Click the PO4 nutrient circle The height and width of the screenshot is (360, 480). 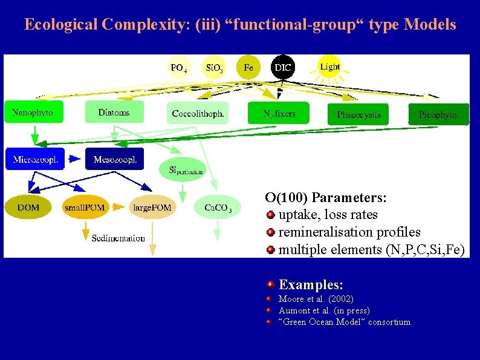178,68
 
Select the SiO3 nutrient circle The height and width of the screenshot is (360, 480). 213,68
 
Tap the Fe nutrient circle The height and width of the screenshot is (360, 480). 248,67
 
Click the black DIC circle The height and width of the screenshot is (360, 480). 283,67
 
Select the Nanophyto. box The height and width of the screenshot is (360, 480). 36,113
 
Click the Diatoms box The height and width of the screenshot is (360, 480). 115,113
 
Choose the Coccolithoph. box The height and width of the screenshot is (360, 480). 198,113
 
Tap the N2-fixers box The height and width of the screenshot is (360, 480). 278,113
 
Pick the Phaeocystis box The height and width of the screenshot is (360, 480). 358,114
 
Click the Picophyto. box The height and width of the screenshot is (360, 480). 438,114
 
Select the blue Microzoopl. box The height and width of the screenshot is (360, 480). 36,160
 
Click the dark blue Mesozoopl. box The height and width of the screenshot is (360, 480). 115,160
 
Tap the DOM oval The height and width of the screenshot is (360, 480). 28,208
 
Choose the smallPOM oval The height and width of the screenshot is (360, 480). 85,208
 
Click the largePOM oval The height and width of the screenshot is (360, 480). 152,208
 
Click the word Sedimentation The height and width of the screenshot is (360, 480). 118,238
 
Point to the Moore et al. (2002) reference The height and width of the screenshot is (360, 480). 316,299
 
